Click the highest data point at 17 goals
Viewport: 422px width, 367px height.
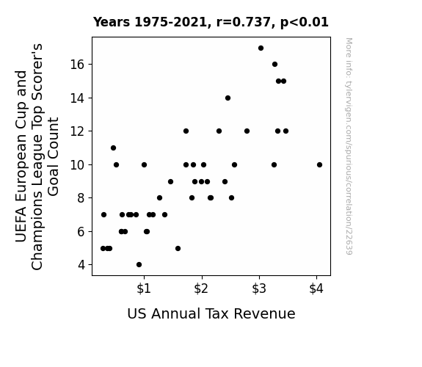tap(261, 48)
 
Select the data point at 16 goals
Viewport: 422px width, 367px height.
tap(274, 65)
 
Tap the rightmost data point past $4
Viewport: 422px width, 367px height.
tap(319, 165)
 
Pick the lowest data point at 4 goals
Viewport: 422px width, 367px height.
tap(139, 265)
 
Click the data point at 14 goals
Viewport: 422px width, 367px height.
tap(228, 98)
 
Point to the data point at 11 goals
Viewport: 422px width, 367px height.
tap(113, 148)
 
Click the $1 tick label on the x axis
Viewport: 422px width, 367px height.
tap(144, 288)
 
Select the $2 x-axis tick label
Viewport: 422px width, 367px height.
tap(201, 288)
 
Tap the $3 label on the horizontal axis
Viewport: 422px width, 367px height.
tap(259, 288)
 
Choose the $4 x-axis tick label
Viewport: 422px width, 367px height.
tap(316, 288)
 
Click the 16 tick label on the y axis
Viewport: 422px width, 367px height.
tap(78, 65)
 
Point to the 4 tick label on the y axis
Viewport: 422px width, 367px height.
tap(81, 265)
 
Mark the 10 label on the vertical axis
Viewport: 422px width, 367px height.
tap(78, 165)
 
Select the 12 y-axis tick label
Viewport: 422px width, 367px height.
tap(78, 131)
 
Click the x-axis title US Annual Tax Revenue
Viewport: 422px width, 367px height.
tap(211, 314)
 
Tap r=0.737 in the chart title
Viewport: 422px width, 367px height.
tap(244, 22)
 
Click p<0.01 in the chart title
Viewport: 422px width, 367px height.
tap(305, 23)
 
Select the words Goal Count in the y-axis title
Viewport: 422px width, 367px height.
tap(54, 156)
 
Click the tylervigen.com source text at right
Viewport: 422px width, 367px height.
tap(349, 146)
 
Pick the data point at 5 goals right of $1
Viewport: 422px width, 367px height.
tap(178, 249)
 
